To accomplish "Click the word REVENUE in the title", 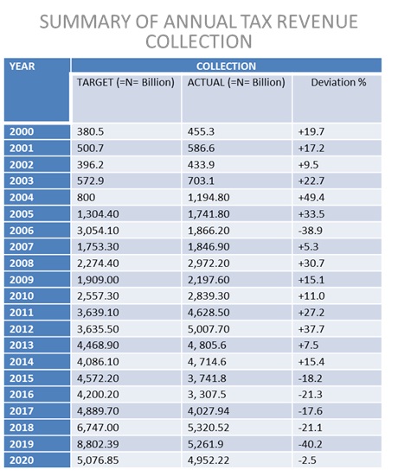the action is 318,22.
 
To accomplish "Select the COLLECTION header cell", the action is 226,67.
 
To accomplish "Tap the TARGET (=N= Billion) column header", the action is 125,82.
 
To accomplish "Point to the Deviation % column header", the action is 338,82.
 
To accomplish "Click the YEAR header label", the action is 22,67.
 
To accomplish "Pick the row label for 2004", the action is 22,197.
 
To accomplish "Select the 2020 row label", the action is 22,460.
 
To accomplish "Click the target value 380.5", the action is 90,132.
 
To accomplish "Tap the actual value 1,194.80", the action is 209,197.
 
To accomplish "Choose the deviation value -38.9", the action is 310,231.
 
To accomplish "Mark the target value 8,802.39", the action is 98,444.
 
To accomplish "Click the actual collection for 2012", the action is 209,329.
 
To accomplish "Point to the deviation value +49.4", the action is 311,197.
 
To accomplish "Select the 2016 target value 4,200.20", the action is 98,394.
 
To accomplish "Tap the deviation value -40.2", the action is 310,444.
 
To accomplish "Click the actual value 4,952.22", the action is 209,460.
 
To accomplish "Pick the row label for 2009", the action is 22,280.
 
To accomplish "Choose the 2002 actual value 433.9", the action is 201,165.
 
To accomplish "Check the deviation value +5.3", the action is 308,246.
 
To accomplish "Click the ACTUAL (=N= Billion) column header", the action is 236,82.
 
